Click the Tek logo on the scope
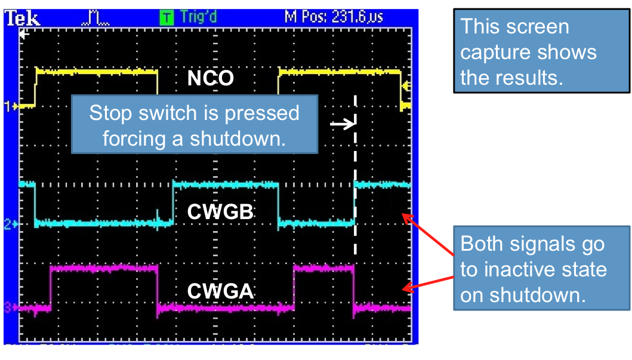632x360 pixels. tap(23, 19)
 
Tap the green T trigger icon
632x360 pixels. tap(168, 17)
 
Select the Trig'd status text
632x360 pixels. tap(198, 17)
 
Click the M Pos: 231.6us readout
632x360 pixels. tap(334, 17)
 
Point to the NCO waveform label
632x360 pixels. tap(210, 78)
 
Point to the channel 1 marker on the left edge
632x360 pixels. tap(10, 107)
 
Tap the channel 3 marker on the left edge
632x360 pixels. tap(10, 308)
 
